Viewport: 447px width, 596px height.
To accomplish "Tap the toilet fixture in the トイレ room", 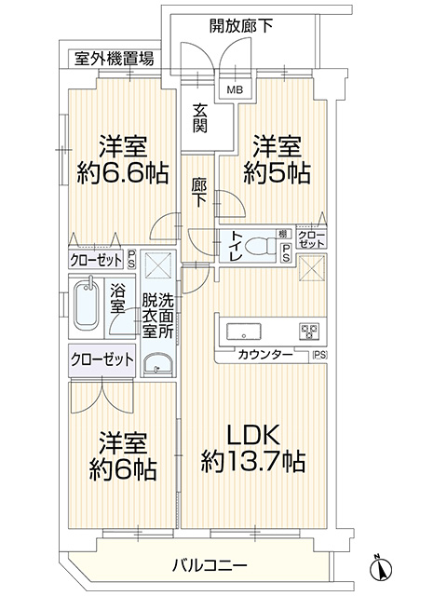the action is (262, 246).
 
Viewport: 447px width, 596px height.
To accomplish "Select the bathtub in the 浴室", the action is (87, 305).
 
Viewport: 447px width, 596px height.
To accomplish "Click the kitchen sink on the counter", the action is (244, 332).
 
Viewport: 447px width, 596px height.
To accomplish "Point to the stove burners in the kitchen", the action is (309, 332).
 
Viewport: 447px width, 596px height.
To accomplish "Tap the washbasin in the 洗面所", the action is (158, 364).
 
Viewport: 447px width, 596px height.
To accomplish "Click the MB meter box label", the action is (235, 90).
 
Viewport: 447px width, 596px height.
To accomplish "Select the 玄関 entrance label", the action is (199, 118).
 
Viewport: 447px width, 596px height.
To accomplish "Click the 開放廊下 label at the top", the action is (241, 26).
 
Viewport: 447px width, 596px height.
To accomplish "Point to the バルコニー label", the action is (210, 565).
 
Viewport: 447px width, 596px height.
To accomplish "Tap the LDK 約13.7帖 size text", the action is (253, 449).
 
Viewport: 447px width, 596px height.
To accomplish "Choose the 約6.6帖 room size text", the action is (123, 174).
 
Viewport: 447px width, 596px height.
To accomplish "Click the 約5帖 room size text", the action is (278, 174).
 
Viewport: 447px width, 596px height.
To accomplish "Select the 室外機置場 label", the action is (114, 59).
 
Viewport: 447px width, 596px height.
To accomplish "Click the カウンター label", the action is (265, 355).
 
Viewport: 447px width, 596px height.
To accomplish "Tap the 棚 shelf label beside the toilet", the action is (282, 234).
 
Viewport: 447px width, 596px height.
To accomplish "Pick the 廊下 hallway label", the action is (199, 193).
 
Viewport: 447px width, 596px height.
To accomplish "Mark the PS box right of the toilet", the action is (286, 253).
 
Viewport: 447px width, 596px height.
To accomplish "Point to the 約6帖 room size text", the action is (123, 469).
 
